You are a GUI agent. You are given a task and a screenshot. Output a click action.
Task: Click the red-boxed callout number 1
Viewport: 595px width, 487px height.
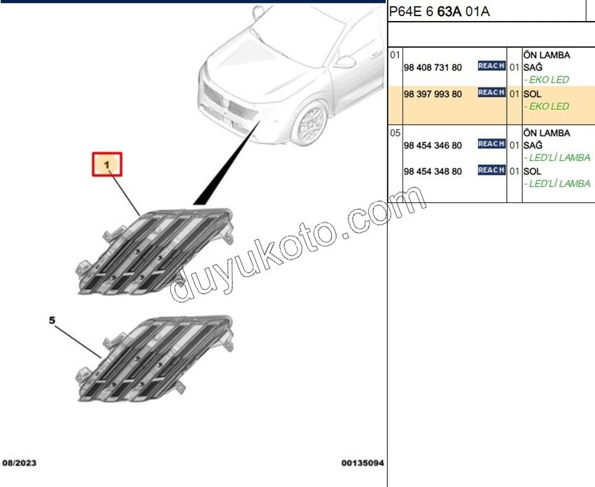pos(107,164)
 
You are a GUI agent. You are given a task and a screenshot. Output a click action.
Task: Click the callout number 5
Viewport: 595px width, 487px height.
pos(52,320)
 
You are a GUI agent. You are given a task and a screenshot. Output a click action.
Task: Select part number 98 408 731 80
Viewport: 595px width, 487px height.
pos(433,67)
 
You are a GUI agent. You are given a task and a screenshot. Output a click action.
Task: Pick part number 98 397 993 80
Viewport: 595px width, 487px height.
pos(433,94)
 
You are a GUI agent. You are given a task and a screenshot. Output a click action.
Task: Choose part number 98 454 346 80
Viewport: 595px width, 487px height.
pos(433,146)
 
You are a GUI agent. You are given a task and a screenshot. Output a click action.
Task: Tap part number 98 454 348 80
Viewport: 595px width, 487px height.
pos(433,171)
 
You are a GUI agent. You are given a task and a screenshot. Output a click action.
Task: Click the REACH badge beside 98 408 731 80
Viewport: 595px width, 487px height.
pos(491,66)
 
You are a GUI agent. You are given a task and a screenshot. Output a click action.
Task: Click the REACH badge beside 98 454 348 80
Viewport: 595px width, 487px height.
pos(491,169)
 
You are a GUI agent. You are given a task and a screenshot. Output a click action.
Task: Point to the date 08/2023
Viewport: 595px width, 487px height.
pos(20,463)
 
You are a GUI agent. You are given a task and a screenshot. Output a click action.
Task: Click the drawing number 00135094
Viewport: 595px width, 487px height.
pos(363,463)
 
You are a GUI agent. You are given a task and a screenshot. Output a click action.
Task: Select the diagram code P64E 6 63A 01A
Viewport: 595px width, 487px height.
pos(440,12)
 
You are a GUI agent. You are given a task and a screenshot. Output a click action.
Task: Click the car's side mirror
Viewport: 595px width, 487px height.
pos(344,62)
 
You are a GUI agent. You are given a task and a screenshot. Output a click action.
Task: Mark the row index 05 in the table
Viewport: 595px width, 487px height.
pos(395,133)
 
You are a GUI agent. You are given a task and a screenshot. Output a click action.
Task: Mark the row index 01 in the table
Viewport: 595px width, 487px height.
pos(395,55)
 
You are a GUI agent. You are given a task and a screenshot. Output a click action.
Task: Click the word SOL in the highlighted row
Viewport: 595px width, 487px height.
pos(533,94)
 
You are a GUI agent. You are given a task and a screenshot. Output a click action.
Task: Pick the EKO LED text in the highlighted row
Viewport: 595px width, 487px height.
pos(547,106)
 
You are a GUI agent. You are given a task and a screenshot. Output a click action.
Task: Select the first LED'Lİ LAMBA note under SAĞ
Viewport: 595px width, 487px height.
pos(557,157)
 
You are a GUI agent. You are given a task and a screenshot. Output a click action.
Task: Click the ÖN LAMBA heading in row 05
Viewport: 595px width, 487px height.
pos(547,133)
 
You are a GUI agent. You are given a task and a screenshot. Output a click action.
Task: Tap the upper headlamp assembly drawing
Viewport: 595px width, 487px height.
pos(155,251)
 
